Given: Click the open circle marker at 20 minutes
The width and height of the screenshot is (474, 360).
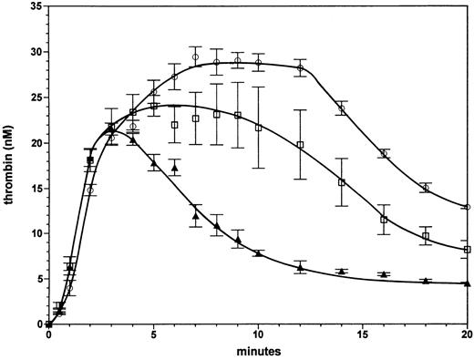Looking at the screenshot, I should pyautogui.click(x=468, y=207).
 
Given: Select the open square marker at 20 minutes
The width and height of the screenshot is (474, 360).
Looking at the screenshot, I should pyautogui.click(x=468, y=250).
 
